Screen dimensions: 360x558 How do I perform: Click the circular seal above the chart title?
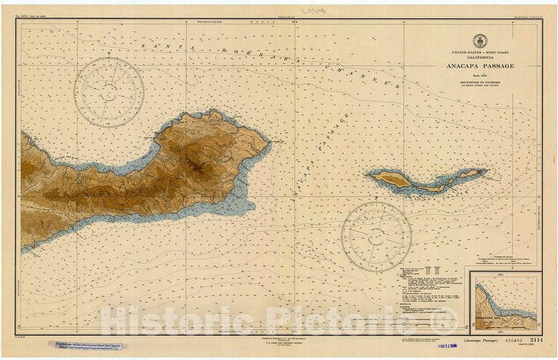(x=479, y=41)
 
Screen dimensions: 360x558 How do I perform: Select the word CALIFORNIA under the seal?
(x=479, y=58)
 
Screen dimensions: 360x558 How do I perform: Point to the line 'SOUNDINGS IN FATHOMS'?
(x=479, y=81)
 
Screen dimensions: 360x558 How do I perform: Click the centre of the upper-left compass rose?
(x=108, y=92)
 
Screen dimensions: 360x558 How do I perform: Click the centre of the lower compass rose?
(x=376, y=236)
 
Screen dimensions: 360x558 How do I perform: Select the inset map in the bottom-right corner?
(x=506, y=300)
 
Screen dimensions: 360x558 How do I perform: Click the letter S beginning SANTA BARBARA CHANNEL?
(x=143, y=45)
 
